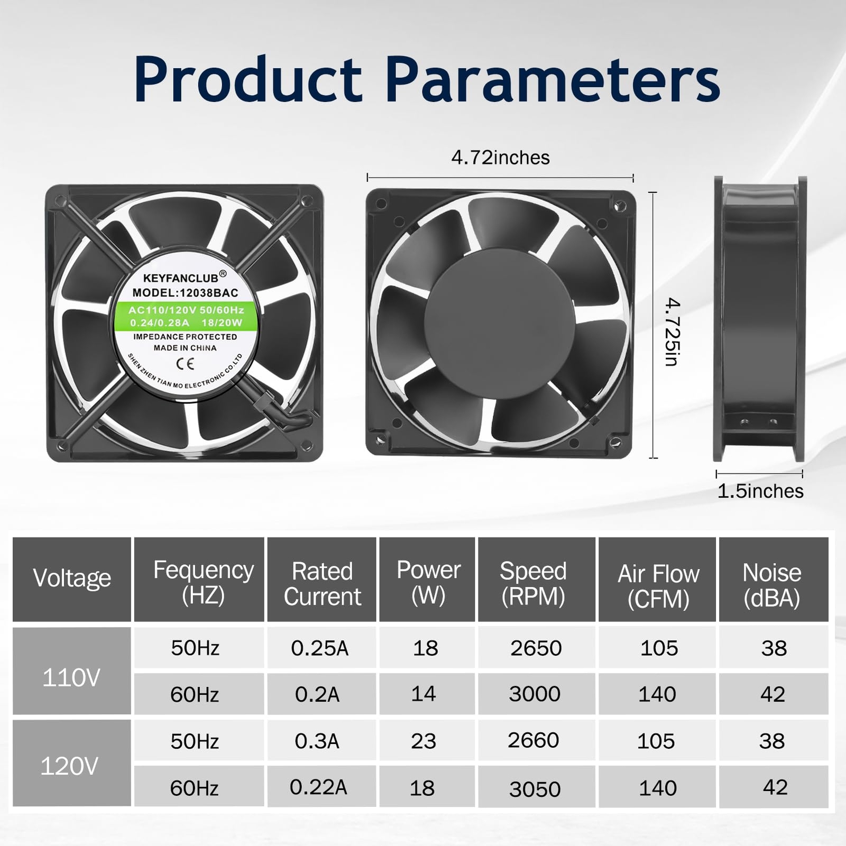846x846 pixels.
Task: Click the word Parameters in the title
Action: [553, 79]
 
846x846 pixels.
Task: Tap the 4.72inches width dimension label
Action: [500, 158]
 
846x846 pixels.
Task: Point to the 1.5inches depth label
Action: [760, 491]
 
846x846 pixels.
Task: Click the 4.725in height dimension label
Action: [672, 332]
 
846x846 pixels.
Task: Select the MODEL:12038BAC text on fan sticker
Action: [185, 293]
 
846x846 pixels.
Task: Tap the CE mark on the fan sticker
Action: [185, 363]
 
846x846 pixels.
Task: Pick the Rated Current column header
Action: [322, 584]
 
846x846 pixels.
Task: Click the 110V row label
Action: [71, 678]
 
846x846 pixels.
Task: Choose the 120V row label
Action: [69, 766]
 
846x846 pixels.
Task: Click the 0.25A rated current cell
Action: [320, 648]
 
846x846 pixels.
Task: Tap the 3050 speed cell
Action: [535, 789]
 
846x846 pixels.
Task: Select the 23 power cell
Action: [424, 741]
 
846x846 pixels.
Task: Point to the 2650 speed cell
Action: [536, 648]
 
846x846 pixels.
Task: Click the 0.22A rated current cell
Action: [318, 787]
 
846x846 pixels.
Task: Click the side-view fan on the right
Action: [760, 318]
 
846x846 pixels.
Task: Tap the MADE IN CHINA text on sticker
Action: [185, 348]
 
